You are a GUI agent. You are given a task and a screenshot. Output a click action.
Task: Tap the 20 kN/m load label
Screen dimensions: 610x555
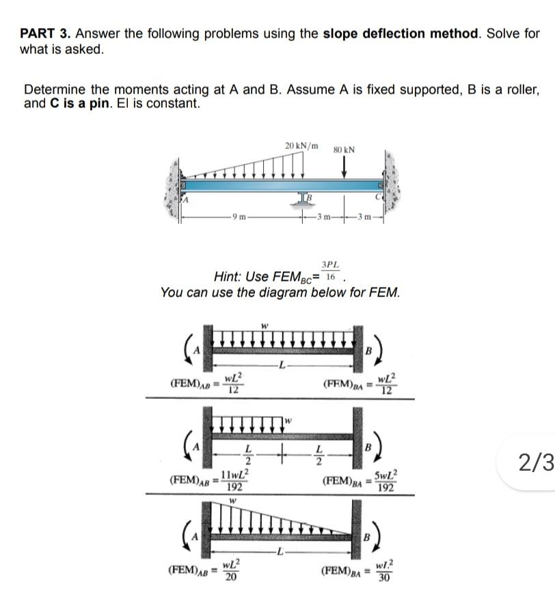pyautogui.click(x=301, y=145)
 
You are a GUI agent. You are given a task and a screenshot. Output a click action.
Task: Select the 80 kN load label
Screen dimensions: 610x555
pyautogui.click(x=344, y=149)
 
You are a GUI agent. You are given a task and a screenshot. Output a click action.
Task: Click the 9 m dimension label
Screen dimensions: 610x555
pyautogui.click(x=238, y=217)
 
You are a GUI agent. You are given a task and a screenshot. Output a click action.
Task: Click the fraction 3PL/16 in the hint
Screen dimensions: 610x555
pyautogui.click(x=331, y=271)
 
